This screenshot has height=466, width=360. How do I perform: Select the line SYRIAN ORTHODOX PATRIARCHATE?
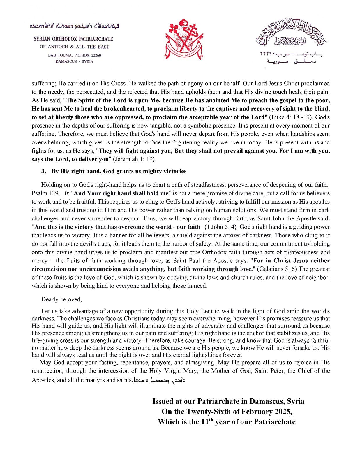73,39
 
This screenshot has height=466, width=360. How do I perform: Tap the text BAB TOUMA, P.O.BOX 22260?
75,55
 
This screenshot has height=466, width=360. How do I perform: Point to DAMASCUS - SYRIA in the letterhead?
75,61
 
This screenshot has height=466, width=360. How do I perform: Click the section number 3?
44,171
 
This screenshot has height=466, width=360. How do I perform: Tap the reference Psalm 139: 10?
50,193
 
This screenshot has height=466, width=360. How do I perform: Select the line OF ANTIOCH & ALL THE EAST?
75,47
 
